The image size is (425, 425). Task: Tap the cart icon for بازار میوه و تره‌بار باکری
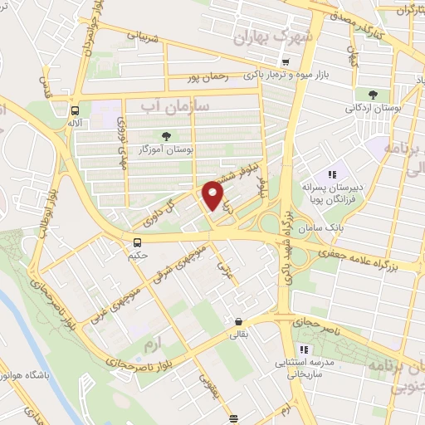point(285,62)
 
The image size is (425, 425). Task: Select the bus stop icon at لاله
point(76,110)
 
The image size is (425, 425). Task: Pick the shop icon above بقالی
point(238,322)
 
